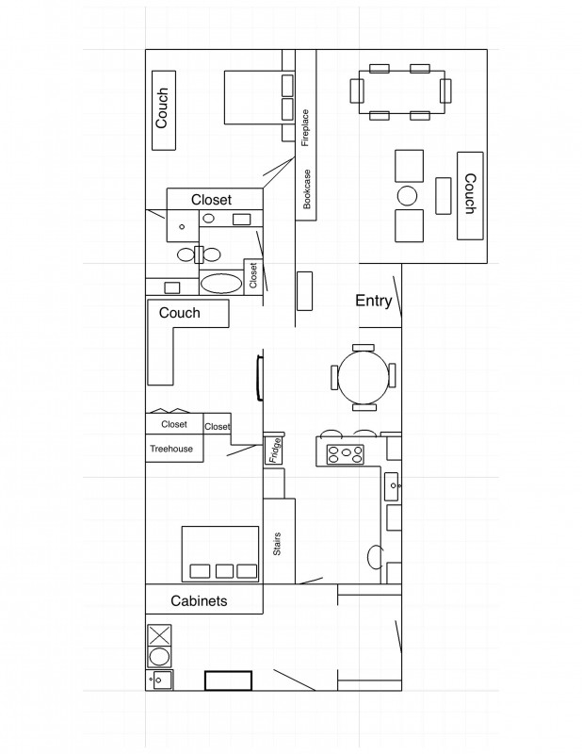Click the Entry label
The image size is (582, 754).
coord(373,301)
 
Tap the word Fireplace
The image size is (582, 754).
coord(305,128)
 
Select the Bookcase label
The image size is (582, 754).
coord(307,189)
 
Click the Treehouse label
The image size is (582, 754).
coord(171,449)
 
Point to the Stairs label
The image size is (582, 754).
coord(277,544)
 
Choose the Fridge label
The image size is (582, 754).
coord(274,451)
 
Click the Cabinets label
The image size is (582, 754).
coord(199,600)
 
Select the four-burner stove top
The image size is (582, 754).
coord(345,454)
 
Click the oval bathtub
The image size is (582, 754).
coord(221,284)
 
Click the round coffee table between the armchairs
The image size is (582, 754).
coord(407,196)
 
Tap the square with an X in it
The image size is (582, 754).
coord(159,635)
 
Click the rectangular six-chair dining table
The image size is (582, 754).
coord(402,92)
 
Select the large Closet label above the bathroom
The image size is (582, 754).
coord(211,200)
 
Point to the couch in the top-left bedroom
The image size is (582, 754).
coord(164,110)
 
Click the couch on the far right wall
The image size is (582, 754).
coord(470,196)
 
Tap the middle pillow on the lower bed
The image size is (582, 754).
coord(224,571)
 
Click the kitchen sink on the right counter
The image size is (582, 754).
coord(392,486)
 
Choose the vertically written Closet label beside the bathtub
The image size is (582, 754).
coord(253,275)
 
